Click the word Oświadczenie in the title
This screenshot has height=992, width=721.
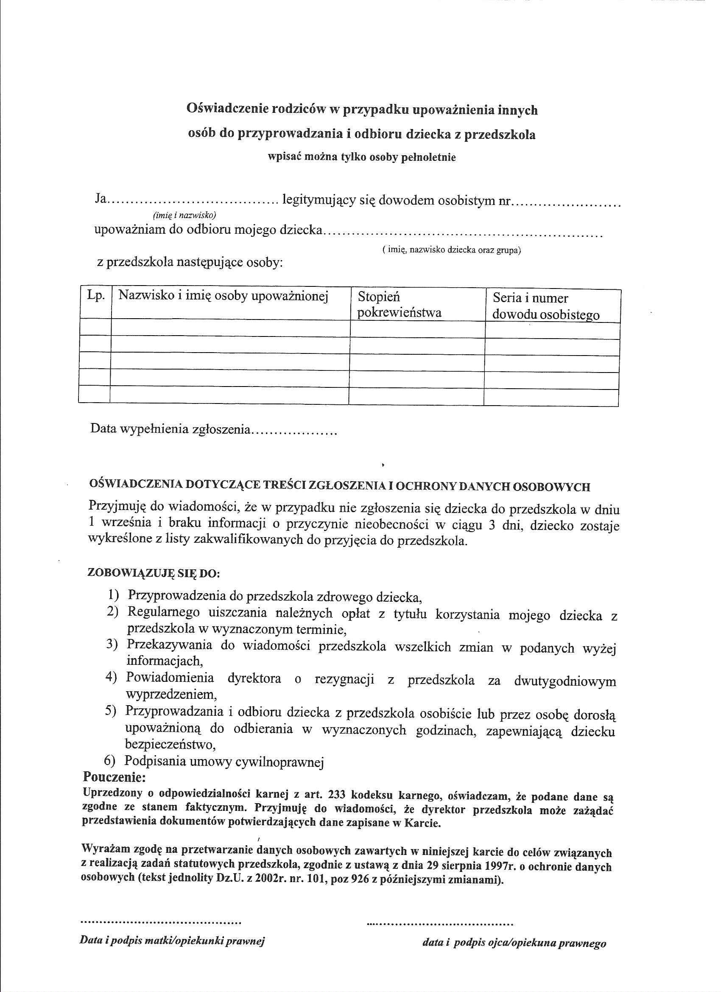[227, 108]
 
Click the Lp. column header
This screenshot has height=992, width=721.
[96, 296]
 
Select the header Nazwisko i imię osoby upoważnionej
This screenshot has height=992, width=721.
[223, 296]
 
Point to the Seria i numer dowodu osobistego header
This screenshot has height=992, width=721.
[545, 307]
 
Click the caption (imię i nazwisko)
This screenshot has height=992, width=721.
[184, 215]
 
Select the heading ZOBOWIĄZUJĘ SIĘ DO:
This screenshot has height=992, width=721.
[154, 573]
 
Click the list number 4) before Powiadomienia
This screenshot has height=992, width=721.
[111, 678]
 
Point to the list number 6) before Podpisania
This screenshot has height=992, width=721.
[110, 761]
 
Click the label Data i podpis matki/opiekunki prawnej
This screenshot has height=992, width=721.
[172, 940]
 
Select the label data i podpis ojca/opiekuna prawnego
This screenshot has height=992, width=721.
[514, 943]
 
